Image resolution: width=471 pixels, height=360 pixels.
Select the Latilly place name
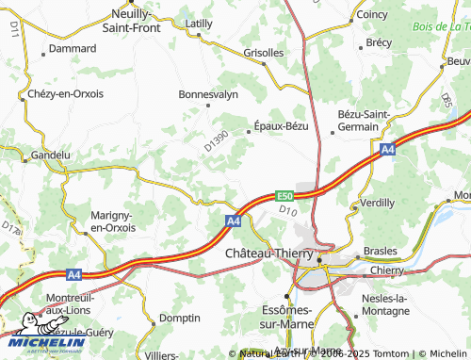tap(200, 23)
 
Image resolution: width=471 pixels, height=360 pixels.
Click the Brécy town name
tap(379, 42)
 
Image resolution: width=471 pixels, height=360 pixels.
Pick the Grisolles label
tap(264, 54)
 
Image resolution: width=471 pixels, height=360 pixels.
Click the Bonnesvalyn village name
tap(208, 94)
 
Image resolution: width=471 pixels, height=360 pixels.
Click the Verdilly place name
tap(377, 203)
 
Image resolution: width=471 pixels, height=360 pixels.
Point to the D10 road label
tap(288, 213)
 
